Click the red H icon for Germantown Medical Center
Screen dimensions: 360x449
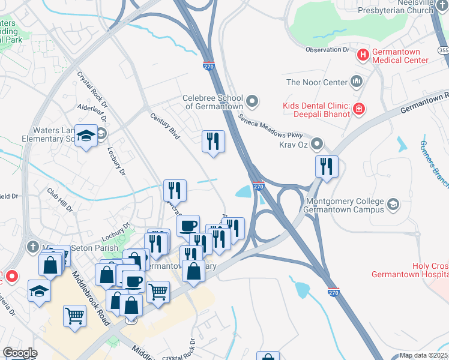coord(363,55)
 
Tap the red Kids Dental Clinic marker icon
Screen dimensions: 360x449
coord(358,109)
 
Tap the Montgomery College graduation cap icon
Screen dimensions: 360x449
coord(393,204)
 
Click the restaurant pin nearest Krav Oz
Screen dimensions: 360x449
coord(327,166)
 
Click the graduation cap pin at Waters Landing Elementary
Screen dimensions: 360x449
coord(86,137)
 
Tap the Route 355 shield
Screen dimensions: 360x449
coord(443,52)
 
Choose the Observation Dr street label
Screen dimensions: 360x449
coord(327,50)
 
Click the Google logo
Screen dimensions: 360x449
coord(20,353)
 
